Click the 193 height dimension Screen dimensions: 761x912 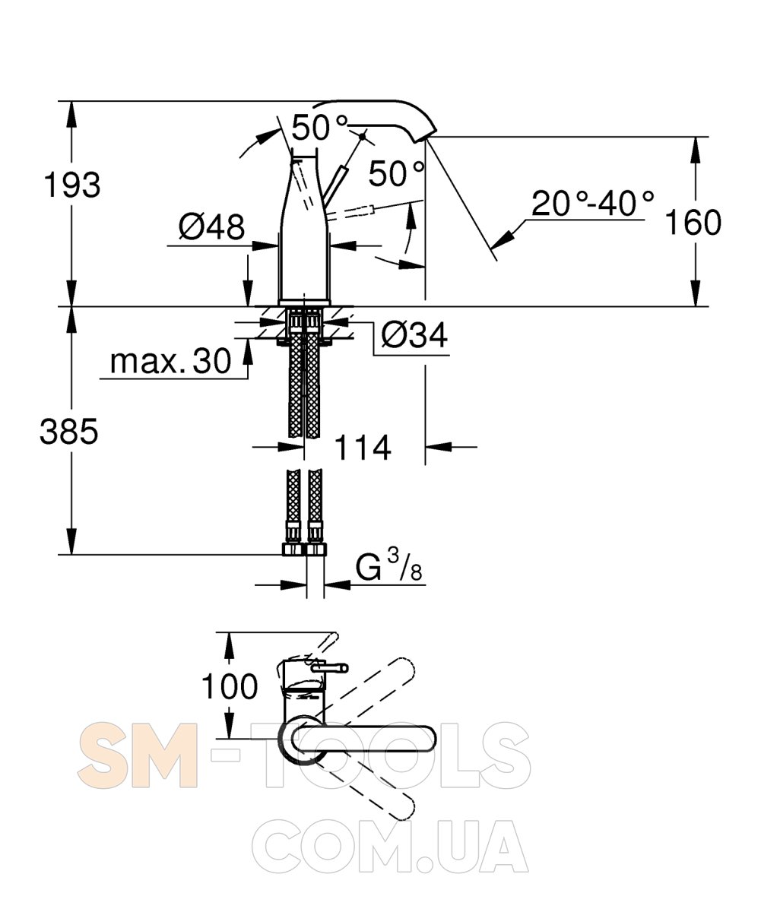pyautogui.click(x=72, y=185)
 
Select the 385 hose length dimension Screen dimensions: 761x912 pyautogui.click(x=68, y=431)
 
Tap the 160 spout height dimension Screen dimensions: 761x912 pyautogui.click(x=693, y=222)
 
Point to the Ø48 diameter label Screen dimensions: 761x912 pyautogui.click(x=212, y=226)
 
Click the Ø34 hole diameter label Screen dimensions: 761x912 pyautogui.click(x=414, y=335)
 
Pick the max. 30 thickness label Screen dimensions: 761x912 pyautogui.click(x=170, y=361)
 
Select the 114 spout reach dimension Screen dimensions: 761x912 pyautogui.click(x=363, y=448)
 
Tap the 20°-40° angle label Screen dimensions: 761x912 pyautogui.click(x=593, y=203)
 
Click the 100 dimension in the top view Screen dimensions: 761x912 pyautogui.click(x=230, y=686)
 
